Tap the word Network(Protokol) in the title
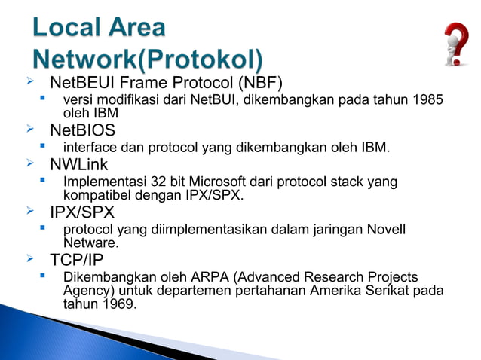[149, 59]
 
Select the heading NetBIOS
[82, 130]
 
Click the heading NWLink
[78, 164]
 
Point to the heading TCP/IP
[76, 260]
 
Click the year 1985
[428, 100]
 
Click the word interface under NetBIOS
[90, 148]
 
